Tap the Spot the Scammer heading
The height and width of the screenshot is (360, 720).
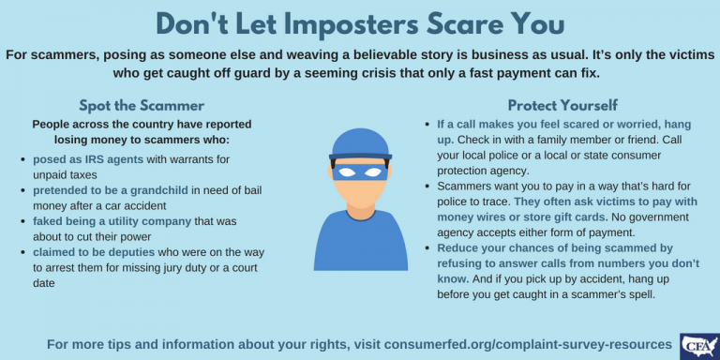141,105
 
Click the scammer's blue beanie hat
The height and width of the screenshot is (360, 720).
359,144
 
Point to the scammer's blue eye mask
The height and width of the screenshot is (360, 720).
359,171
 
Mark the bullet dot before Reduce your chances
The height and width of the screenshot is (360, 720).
427,248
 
